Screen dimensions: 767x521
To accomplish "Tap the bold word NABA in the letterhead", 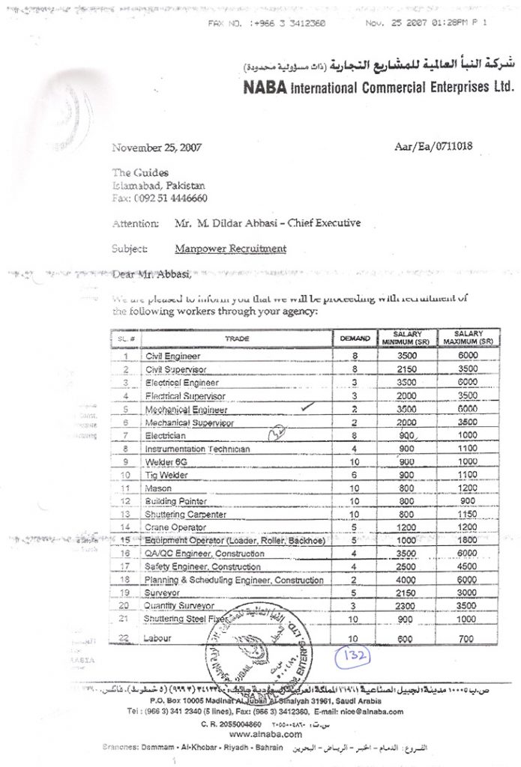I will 265,88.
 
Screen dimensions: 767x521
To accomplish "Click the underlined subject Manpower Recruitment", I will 230,249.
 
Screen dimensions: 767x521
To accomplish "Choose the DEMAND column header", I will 355,339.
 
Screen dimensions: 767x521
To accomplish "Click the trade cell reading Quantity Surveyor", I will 180,605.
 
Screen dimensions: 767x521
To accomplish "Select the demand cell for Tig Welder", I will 355,475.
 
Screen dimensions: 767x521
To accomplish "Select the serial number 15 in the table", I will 126,540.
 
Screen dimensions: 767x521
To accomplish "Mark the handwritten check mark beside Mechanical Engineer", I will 304,407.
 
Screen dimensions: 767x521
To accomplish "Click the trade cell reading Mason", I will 159,488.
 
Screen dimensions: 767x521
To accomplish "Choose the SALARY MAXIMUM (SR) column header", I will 468,338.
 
